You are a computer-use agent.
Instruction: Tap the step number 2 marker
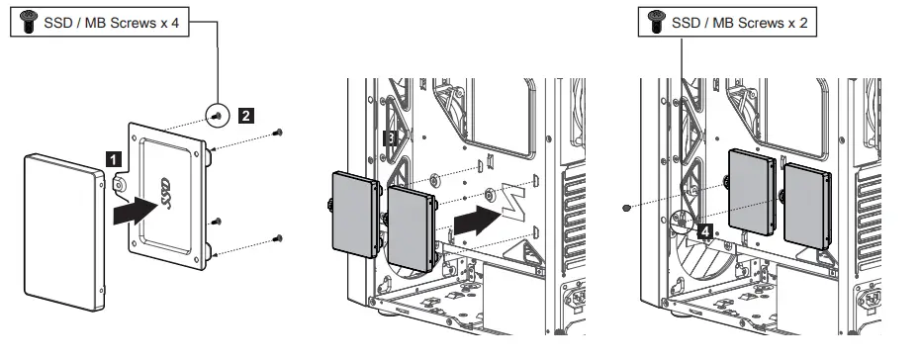tap(245, 115)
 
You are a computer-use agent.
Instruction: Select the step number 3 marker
tap(391, 140)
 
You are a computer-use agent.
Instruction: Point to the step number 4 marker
tap(703, 231)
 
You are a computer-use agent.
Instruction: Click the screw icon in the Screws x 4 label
tap(28, 23)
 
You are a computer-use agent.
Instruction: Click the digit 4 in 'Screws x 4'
tap(174, 24)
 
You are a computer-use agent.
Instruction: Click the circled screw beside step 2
tap(217, 116)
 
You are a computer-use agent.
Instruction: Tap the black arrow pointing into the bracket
tap(134, 210)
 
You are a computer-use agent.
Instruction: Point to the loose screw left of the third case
tap(627, 208)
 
